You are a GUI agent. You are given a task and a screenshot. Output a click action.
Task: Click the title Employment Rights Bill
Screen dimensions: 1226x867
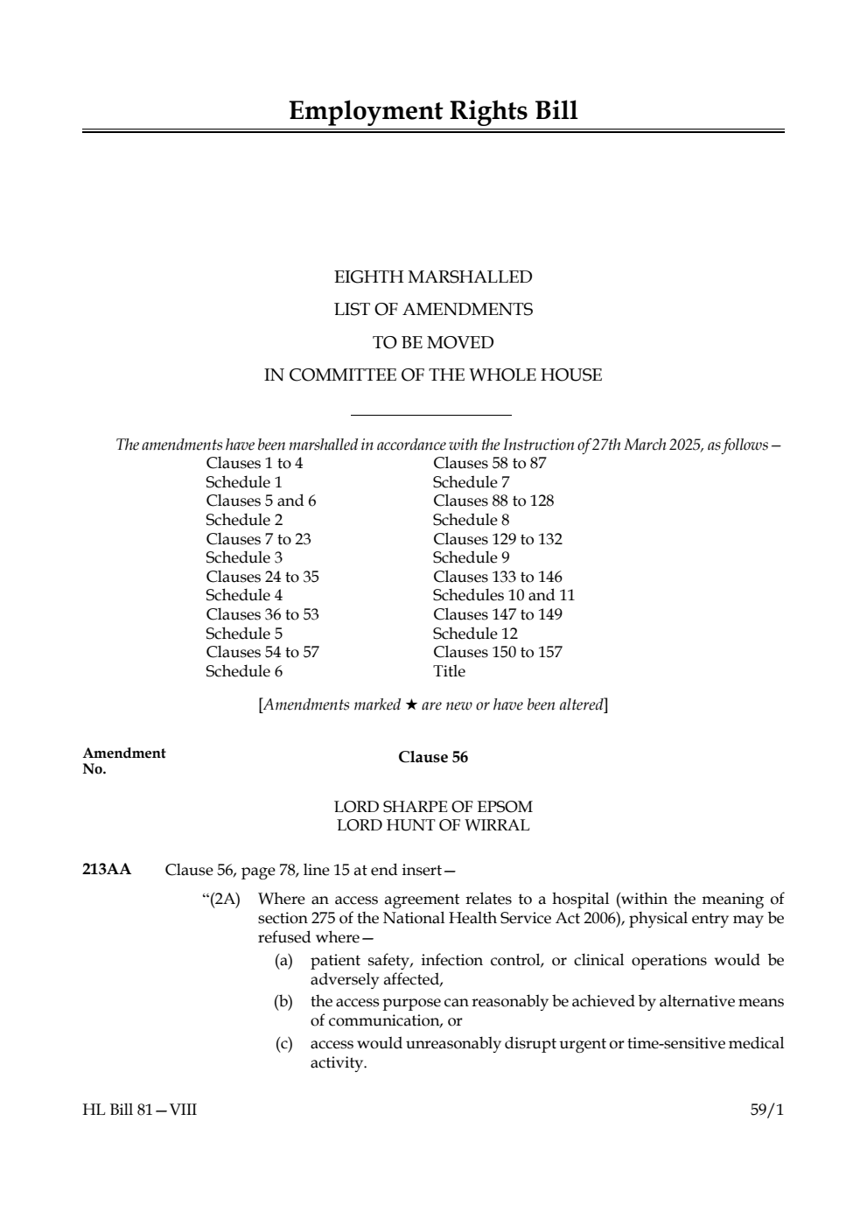click(x=433, y=111)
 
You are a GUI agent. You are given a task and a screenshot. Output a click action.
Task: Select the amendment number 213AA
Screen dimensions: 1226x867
click(x=107, y=869)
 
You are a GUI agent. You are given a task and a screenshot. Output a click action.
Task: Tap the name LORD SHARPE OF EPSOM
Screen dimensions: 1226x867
click(x=433, y=807)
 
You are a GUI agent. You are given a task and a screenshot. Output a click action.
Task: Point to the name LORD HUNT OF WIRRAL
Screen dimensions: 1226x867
click(x=433, y=825)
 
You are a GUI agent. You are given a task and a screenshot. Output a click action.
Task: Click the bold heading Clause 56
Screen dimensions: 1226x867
click(x=433, y=757)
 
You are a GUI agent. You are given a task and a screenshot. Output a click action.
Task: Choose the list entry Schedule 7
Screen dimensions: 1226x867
click(x=471, y=482)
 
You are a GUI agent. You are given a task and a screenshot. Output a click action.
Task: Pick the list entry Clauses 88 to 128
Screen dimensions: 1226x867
click(x=493, y=501)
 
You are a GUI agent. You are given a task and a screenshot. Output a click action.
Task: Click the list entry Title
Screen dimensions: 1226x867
click(x=449, y=671)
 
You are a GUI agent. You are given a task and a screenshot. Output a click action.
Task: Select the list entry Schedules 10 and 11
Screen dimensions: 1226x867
click(x=504, y=595)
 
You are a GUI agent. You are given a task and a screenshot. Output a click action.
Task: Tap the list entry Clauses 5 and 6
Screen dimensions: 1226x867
click(x=261, y=501)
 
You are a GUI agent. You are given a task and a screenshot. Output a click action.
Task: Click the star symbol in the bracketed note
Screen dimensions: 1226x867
click(x=410, y=705)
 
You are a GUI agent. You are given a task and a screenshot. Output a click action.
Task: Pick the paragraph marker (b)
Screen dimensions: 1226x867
click(x=283, y=1001)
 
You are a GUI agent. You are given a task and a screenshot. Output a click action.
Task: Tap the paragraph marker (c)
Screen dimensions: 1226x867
click(x=283, y=1043)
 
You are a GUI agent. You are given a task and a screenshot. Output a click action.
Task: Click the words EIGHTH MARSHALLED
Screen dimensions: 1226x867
click(x=433, y=277)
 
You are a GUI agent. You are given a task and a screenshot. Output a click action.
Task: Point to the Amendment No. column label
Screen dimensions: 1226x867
click(x=123, y=760)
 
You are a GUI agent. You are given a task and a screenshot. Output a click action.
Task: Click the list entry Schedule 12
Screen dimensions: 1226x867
click(x=475, y=634)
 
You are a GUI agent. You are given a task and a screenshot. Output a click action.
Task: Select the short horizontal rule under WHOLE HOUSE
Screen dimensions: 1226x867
click(x=431, y=415)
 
